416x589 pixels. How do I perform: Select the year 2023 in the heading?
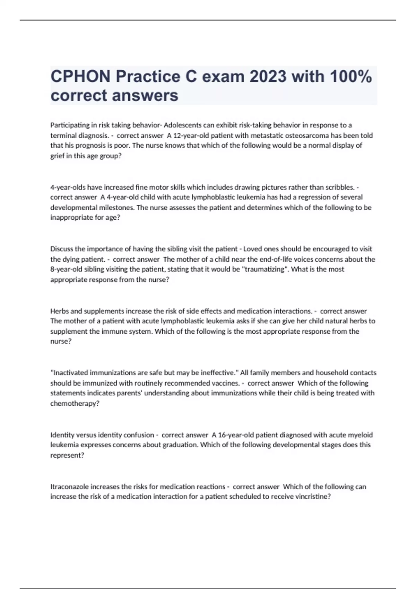pos(268,77)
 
